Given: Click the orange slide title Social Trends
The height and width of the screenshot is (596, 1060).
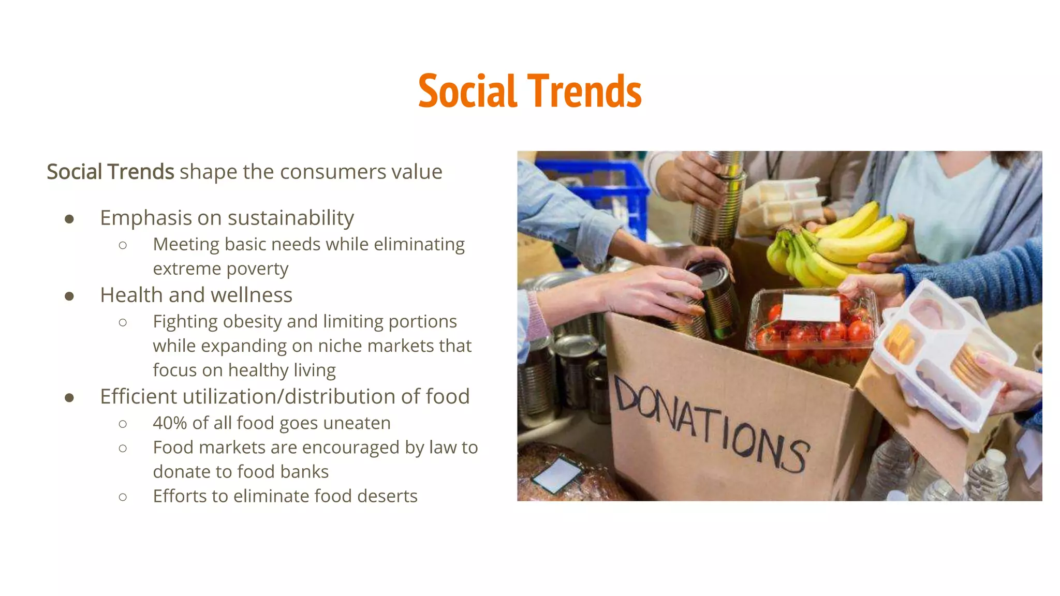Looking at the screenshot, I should (529, 91).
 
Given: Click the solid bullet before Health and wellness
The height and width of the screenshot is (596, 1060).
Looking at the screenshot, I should (69, 296).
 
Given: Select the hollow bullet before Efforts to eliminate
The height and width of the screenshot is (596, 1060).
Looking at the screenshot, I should (123, 497).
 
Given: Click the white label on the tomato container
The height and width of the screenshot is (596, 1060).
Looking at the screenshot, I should (811, 308).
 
